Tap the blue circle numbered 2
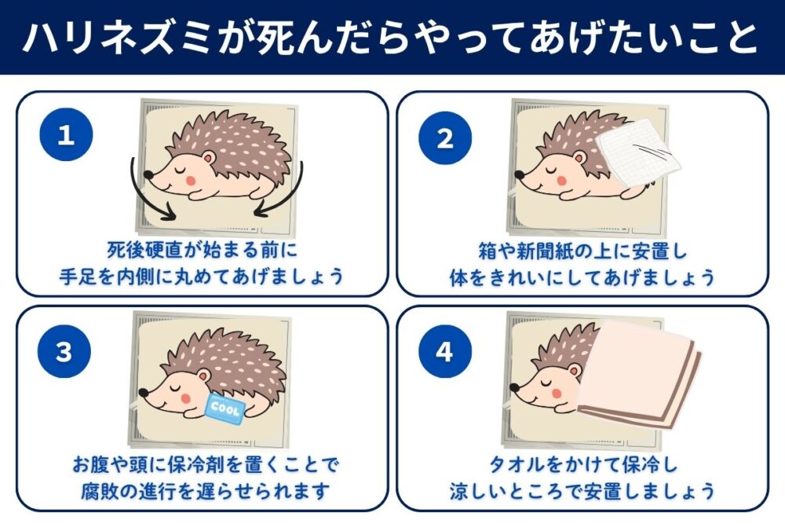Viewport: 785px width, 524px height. tap(445, 139)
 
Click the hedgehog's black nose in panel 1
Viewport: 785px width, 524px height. tap(149, 178)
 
